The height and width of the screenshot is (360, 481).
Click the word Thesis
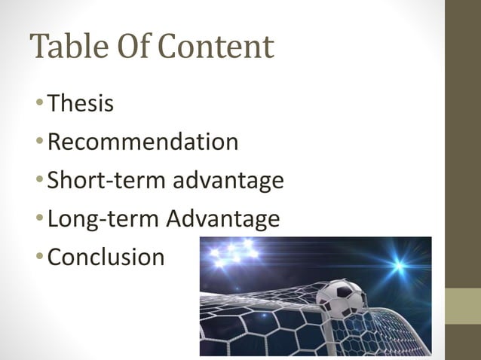point(81,102)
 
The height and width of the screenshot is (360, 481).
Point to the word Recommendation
point(142,142)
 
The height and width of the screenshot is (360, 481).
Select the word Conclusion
point(106,258)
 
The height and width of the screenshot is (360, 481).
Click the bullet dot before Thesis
point(40,104)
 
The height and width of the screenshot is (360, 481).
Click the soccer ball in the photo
point(340,299)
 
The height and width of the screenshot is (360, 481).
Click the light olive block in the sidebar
point(463,306)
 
